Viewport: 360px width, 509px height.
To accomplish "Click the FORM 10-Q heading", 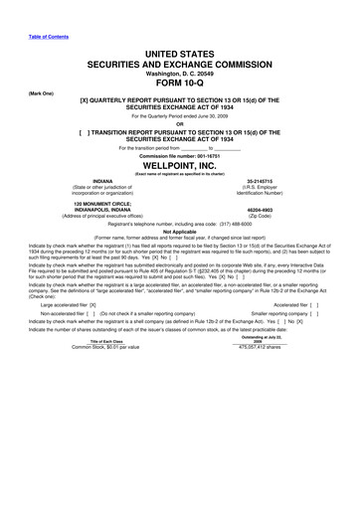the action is [180, 84].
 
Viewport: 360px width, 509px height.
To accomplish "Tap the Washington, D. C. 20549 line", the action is [180, 71].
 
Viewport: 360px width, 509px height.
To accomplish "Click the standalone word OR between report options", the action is [180, 124].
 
